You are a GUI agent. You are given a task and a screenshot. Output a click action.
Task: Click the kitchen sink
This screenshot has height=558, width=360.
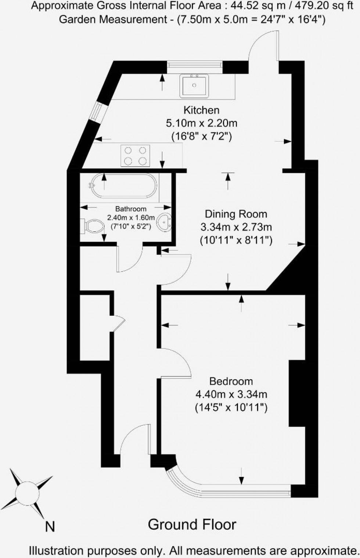pyautogui.click(x=194, y=86)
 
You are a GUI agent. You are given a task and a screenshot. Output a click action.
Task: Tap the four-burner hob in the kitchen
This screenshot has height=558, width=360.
pyautogui.click(x=135, y=155)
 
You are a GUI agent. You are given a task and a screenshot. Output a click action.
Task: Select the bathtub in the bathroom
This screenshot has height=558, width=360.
pyautogui.click(x=124, y=186)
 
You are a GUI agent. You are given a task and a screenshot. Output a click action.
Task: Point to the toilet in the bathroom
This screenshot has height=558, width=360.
pyautogui.click(x=93, y=226)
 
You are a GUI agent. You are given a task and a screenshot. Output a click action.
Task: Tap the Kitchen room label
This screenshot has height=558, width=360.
pyautogui.click(x=201, y=110)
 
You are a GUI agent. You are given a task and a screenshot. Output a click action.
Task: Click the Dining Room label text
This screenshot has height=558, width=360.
pyautogui.click(x=236, y=214)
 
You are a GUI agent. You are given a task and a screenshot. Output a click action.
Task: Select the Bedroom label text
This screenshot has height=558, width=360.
pyautogui.click(x=231, y=381)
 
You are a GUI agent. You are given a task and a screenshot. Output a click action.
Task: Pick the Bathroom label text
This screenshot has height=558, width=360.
pyautogui.click(x=131, y=209)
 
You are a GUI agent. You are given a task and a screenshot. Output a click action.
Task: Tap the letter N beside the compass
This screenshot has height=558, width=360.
pyautogui.click(x=50, y=527)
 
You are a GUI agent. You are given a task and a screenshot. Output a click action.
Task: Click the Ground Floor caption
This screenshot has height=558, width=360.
pyautogui.click(x=192, y=525)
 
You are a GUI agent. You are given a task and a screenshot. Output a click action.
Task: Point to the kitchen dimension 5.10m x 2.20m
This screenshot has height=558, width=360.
pyautogui.click(x=201, y=123)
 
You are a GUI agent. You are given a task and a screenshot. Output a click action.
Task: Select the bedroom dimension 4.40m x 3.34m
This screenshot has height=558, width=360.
pyautogui.click(x=231, y=395)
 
